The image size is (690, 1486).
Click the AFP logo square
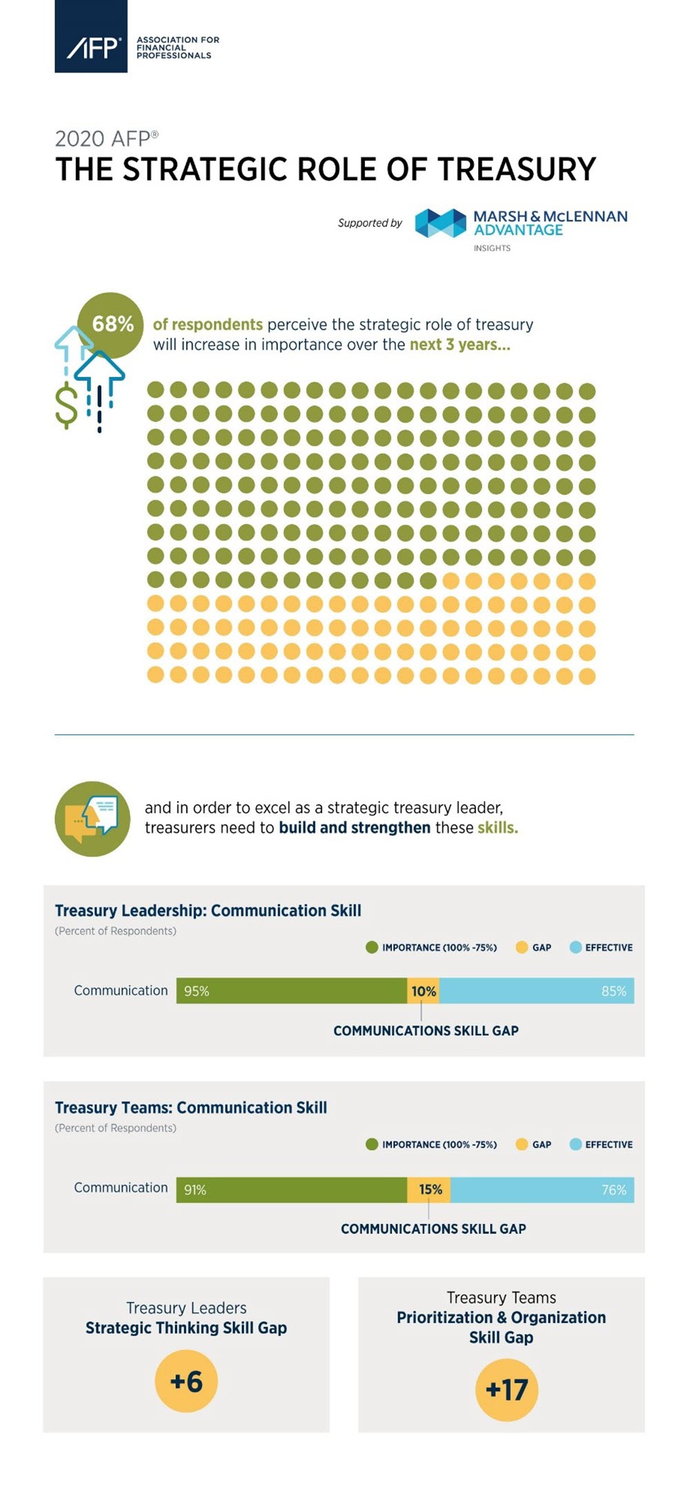[91, 36]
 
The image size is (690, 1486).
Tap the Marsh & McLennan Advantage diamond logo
[440, 224]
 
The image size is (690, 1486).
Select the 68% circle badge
[111, 324]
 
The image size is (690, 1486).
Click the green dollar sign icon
[66, 406]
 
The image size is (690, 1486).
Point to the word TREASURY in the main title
[517, 170]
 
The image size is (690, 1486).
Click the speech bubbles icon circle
[92, 819]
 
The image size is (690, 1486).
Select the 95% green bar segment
[291, 990]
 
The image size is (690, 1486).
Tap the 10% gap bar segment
[423, 991]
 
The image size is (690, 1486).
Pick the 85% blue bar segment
[536, 990]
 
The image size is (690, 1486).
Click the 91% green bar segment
[291, 1190]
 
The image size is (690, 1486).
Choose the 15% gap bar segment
[429, 1190]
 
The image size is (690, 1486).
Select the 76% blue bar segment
[542, 1190]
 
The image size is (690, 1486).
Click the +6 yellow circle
[186, 1381]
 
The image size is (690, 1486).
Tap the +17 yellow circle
[506, 1389]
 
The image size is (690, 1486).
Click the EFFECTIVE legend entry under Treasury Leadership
[601, 948]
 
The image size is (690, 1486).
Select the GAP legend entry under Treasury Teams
[534, 1144]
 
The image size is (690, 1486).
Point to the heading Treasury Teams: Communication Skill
[191, 1108]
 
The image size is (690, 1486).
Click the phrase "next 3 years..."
[460, 344]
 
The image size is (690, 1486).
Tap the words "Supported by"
[370, 223]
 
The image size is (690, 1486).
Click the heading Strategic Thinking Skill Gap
[186, 1328]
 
